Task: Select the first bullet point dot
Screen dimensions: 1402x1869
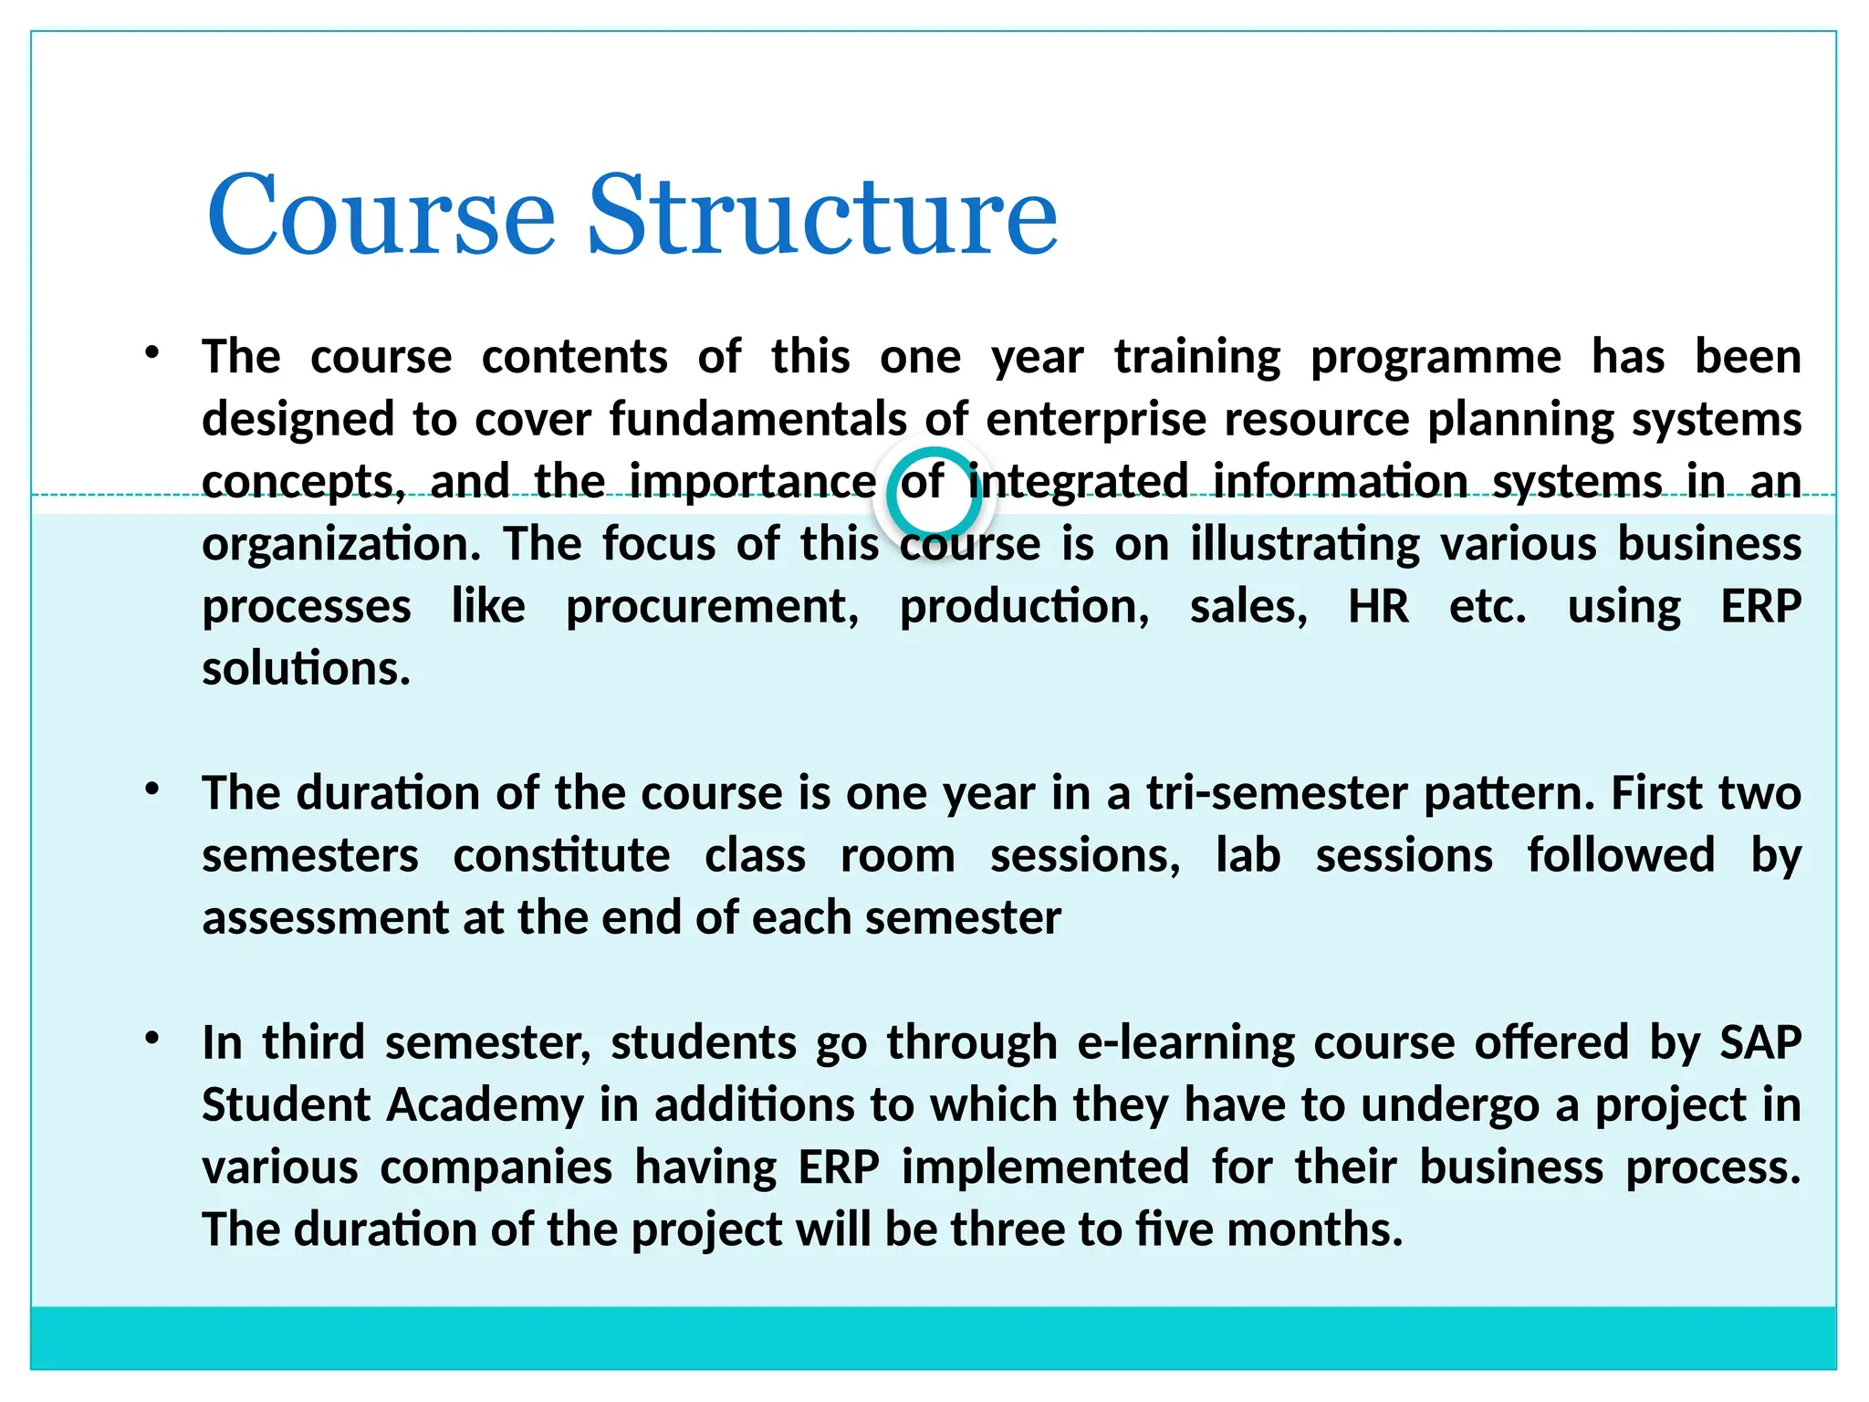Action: (x=152, y=352)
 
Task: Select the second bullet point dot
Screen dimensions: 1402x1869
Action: (x=152, y=789)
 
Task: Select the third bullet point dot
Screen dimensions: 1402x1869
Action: (x=152, y=1038)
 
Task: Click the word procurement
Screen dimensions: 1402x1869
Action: (x=712, y=607)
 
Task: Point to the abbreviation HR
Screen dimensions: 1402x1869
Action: (x=1378, y=607)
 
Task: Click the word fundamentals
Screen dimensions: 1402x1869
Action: (x=757, y=420)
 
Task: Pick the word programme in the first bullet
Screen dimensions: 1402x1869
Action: (x=1436, y=358)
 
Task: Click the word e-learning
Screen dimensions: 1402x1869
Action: (x=1185, y=1042)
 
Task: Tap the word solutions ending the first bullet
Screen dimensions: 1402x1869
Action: (x=306, y=669)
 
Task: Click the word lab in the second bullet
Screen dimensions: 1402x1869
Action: (x=1248, y=856)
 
